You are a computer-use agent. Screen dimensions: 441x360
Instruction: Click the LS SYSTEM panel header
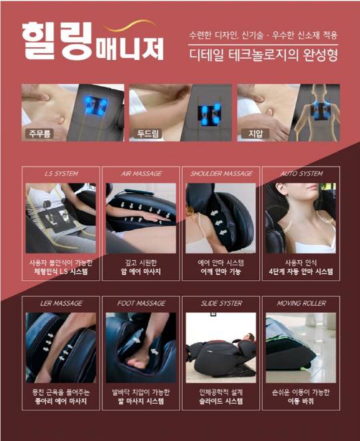pyautogui.click(x=61, y=173)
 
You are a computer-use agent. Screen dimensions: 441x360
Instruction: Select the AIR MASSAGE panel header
pyautogui.click(x=141, y=173)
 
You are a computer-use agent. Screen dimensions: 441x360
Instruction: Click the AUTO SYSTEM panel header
pyautogui.click(x=301, y=173)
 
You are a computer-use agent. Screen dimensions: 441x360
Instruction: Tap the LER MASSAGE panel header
pyautogui.click(x=61, y=304)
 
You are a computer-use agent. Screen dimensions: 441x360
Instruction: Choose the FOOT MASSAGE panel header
pyautogui.click(x=141, y=304)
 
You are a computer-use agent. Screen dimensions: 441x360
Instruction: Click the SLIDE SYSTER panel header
pyautogui.click(x=221, y=304)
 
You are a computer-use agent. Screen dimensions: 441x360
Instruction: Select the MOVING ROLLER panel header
pyautogui.click(x=301, y=304)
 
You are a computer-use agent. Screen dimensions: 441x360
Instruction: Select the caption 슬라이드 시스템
pyautogui.click(x=221, y=402)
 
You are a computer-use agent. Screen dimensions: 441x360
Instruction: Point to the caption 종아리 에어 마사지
pyautogui.click(x=61, y=402)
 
